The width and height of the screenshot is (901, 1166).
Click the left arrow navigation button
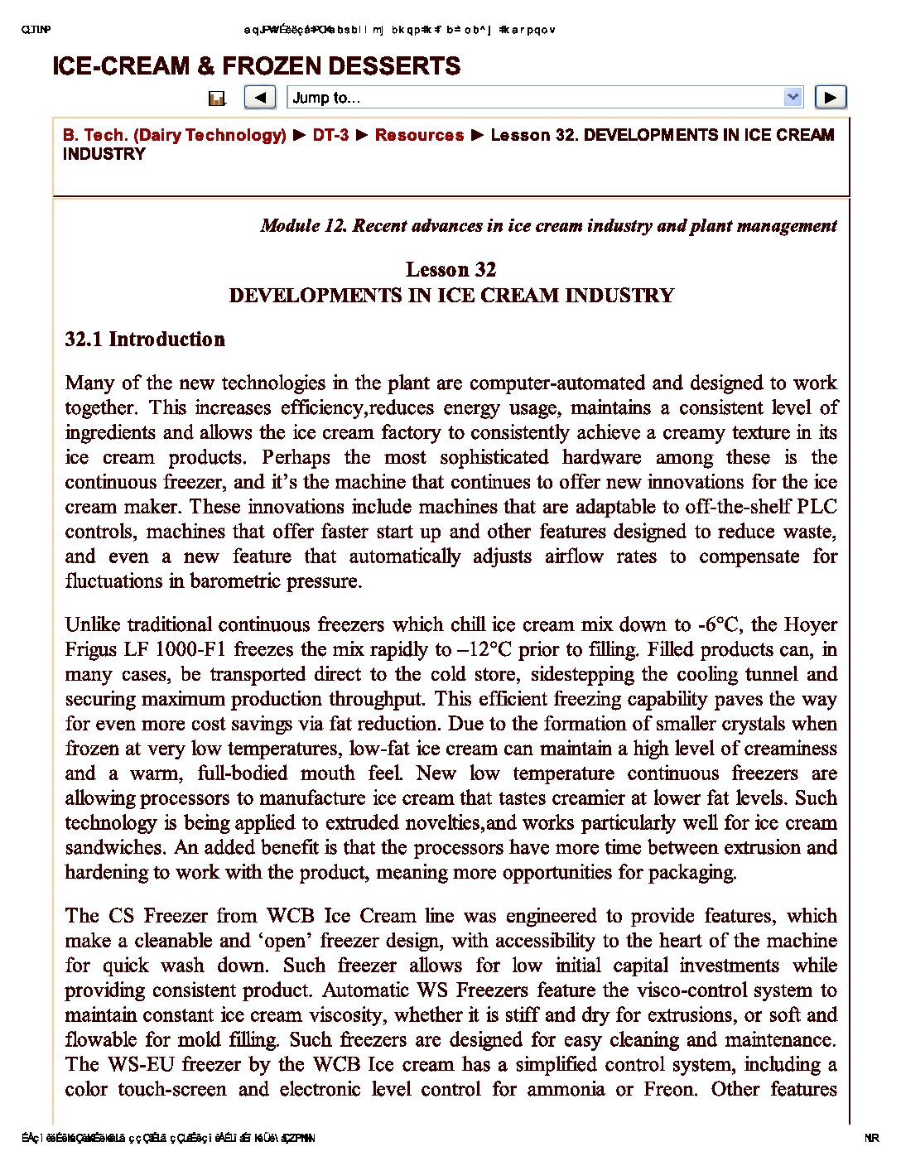(x=260, y=98)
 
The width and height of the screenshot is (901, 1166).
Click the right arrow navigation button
(x=831, y=98)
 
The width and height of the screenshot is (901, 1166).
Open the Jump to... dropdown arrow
(x=793, y=98)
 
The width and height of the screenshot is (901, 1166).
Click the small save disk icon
(x=217, y=99)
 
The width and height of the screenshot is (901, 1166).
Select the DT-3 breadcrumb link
(x=330, y=135)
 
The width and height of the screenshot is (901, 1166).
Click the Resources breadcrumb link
(x=419, y=135)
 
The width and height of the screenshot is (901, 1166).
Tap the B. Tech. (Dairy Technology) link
(x=174, y=135)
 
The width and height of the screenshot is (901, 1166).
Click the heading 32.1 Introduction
(x=145, y=340)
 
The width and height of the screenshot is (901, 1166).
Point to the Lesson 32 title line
(x=450, y=270)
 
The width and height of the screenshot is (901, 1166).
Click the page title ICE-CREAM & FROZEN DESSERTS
(x=256, y=66)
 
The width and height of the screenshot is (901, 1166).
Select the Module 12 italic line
(x=548, y=226)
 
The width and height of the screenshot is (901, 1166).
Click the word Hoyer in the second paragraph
(x=810, y=624)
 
